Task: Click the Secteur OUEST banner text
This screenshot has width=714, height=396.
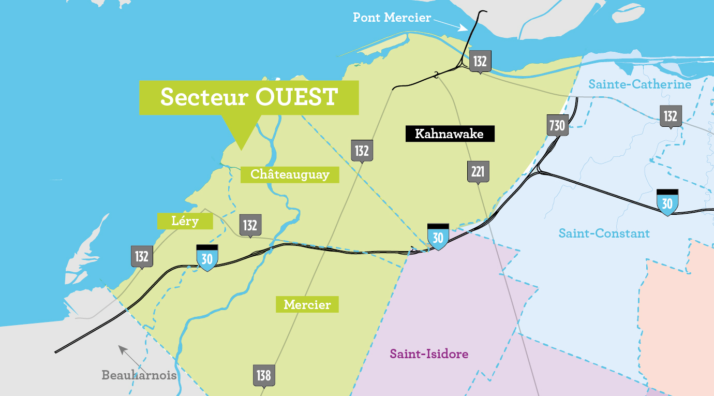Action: pos(249,97)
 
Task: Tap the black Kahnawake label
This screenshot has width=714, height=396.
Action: pos(449,134)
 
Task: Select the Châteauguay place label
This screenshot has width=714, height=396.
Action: pos(290,174)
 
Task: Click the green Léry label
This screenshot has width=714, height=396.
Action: pos(185,221)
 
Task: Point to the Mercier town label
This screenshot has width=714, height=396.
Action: pos(307,304)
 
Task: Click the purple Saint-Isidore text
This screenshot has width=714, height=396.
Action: pos(429,354)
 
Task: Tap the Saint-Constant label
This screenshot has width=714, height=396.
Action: pos(604,233)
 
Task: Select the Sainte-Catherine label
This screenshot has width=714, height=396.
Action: pos(639,84)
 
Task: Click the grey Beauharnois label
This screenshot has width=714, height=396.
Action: pos(139,375)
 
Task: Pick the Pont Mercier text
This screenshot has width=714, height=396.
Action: pos(392,18)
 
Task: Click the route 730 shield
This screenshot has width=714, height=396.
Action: pos(557,125)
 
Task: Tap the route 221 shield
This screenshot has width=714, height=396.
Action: pos(478,171)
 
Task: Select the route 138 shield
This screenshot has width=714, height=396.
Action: pos(264,375)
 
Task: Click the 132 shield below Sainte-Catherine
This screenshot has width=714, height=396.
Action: pos(670,116)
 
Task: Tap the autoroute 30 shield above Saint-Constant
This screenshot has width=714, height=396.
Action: pos(667,202)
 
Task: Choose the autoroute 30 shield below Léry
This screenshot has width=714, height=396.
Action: pos(207,257)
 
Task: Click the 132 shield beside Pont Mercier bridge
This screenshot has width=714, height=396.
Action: pos(480,62)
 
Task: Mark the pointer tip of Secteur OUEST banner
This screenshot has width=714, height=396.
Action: pos(241,150)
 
